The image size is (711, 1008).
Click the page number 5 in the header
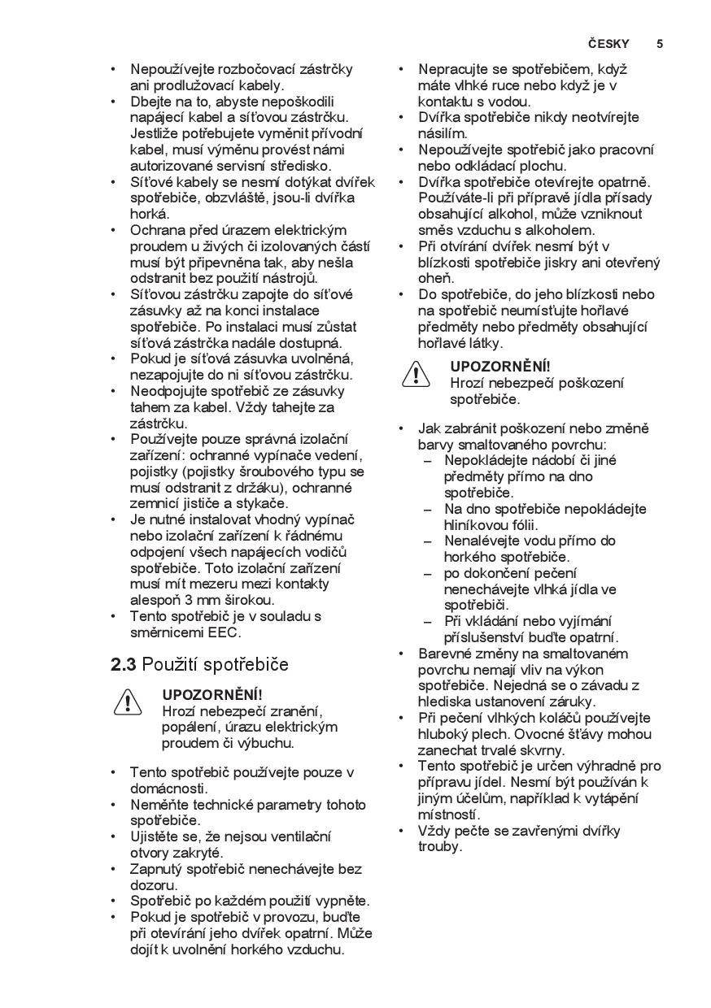click(x=660, y=44)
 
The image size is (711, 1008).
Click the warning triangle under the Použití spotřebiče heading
click(x=128, y=701)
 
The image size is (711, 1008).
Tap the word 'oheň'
click(x=436, y=278)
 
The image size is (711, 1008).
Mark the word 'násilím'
click(x=443, y=133)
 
